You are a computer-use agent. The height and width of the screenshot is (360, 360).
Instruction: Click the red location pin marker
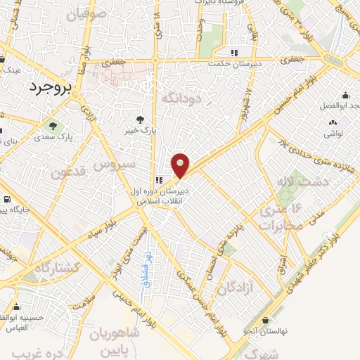point(181,165)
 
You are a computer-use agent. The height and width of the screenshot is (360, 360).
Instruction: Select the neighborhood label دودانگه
point(181,98)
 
